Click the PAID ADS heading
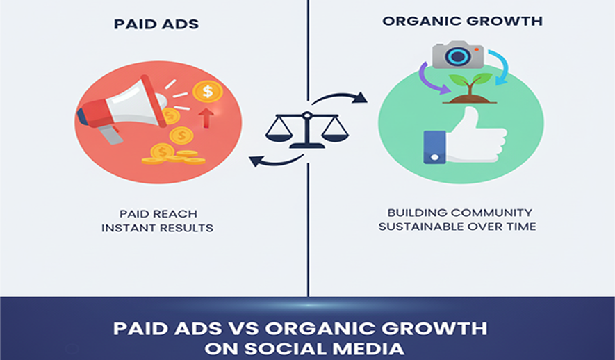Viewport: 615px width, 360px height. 156,24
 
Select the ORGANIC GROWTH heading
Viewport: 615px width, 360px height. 462,21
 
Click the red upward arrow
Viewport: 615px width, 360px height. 206,117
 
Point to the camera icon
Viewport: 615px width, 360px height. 458,54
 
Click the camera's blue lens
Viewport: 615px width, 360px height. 457,57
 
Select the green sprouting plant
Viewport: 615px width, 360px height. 470,88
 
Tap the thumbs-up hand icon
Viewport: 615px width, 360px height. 465,136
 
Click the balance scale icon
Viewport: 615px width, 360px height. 306,129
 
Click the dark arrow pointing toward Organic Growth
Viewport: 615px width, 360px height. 340,95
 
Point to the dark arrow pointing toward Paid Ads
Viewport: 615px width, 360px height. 276,161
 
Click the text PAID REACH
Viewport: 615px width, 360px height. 158,214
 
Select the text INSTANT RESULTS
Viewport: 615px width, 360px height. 157,228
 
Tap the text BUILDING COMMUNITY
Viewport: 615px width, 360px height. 459,213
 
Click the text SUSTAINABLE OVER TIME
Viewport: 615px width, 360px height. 457,227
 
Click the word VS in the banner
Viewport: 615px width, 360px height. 243,329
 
